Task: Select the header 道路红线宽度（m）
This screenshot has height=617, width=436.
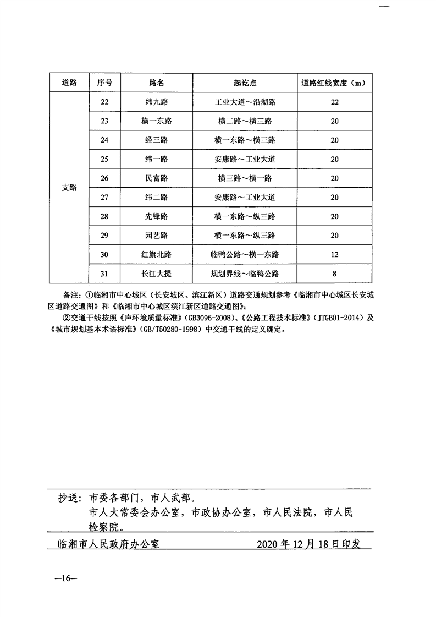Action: (x=334, y=83)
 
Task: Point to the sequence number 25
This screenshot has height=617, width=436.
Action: (x=105, y=159)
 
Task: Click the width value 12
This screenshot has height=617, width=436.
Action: (x=334, y=254)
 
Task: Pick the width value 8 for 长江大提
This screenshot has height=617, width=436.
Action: (x=334, y=274)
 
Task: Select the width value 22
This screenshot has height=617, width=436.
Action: (x=334, y=102)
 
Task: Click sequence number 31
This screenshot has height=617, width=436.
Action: (x=105, y=274)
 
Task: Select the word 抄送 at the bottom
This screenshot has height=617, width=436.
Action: (x=70, y=499)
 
